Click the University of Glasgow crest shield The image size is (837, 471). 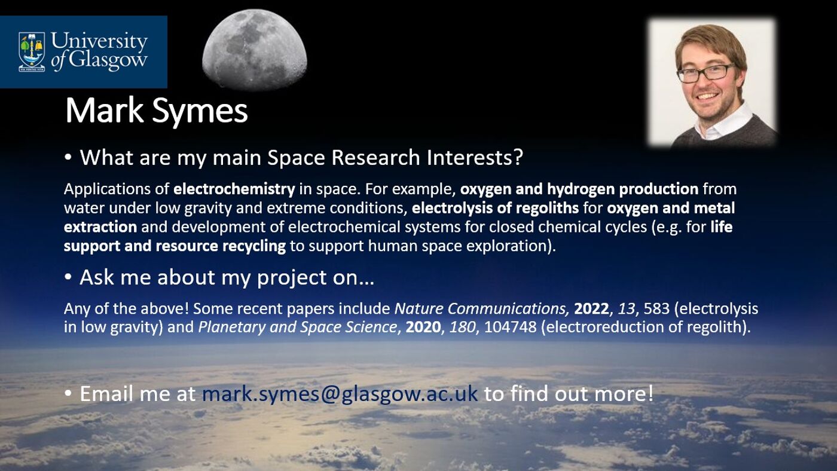(32, 51)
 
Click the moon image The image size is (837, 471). (255, 50)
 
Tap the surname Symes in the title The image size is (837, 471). (200, 111)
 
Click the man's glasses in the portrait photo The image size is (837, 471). (705, 73)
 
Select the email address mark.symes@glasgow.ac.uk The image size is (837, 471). (340, 394)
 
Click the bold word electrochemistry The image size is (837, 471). (234, 189)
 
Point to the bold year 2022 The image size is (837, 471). (591, 309)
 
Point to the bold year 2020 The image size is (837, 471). (423, 327)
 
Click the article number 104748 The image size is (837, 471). (511, 327)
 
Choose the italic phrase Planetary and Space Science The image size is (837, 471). (298, 328)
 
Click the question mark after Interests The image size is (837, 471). (518, 157)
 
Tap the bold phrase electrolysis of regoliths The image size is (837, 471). (495, 208)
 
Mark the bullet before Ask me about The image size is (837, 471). (68, 277)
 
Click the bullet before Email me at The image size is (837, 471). (68, 393)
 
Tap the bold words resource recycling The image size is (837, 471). (221, 246)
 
